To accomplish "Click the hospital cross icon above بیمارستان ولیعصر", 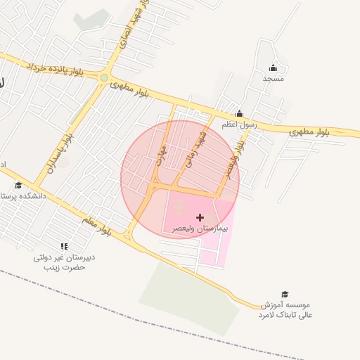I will pos(200,218).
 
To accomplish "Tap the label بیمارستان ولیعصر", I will pos(200,229).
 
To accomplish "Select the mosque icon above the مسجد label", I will pos(274,68).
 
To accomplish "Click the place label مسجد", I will pos(274,79).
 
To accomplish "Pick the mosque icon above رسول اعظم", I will pos(239,114).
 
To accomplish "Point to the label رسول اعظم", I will pos(240,124).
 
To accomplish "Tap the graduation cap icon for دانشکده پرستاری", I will pos(18,186).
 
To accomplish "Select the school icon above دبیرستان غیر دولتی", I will pos(64,246).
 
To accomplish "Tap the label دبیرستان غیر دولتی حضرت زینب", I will pos(65,262).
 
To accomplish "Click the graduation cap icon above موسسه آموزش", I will pos(285,295).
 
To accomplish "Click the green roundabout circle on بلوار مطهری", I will pos(104,78).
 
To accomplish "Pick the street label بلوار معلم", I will pos(96,226).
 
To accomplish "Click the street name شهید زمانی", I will pos(196,150).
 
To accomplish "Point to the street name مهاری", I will pos(162,154).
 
